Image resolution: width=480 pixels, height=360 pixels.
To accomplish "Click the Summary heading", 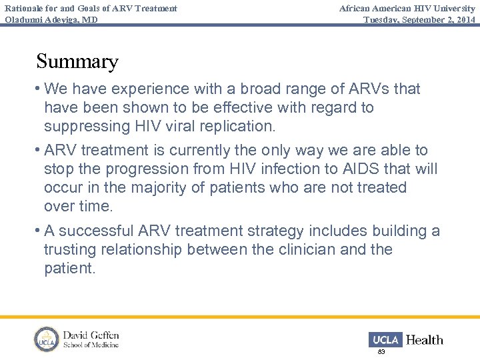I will [77, 61].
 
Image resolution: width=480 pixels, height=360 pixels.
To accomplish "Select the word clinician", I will [325, 249].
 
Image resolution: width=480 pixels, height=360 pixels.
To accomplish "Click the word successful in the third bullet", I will [98, 231].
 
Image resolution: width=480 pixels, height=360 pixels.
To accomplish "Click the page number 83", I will [381, 351].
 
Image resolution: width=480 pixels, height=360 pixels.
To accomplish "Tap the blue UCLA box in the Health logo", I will [385, 339].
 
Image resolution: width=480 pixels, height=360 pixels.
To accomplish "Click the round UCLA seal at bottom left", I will [46, 339].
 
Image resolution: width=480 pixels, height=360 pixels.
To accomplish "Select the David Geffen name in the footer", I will [91, 334].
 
